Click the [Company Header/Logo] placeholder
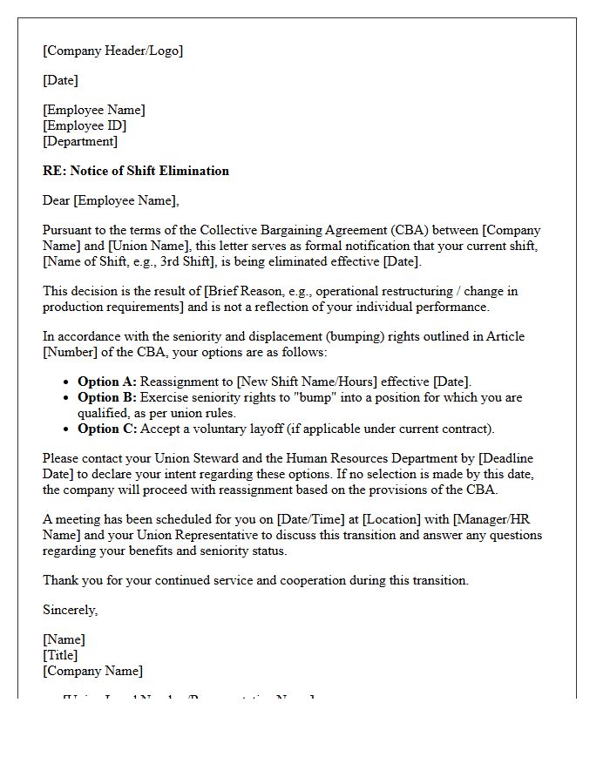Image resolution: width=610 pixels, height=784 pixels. tap(112, 51)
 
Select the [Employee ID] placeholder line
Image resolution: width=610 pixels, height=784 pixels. tap(85, 125)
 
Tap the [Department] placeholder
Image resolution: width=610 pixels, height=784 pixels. tap(80, 141)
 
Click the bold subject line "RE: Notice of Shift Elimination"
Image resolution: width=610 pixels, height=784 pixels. tap(136, 171)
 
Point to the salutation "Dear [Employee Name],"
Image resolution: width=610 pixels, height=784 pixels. tap(111, 200)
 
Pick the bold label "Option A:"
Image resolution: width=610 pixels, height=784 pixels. tap(107, 382)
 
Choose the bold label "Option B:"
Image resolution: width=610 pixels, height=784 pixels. tap(107, 397)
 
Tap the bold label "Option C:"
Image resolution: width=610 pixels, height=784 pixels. tap(107, 429)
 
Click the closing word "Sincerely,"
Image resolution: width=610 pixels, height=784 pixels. tap(71, 610)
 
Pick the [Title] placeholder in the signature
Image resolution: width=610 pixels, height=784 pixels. tap(60, 655)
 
